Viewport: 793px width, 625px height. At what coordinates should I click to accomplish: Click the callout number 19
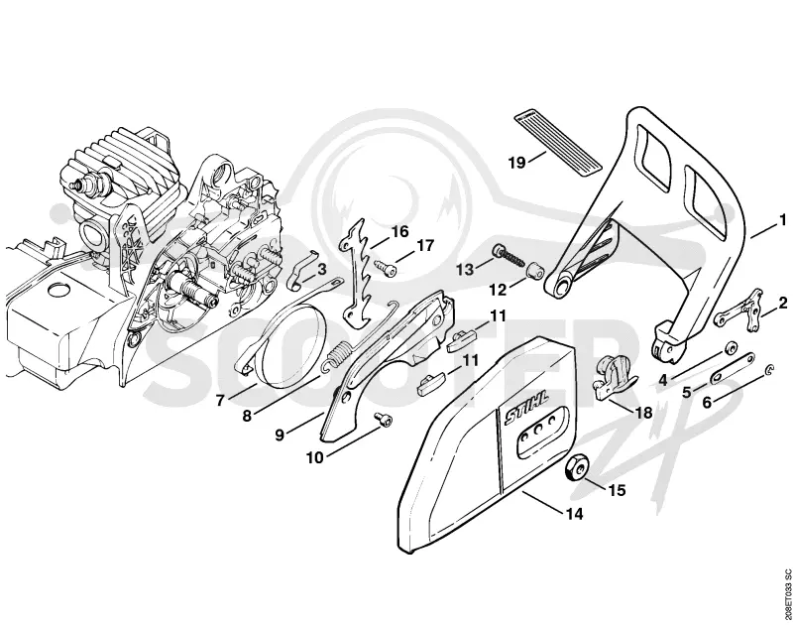click(517, 163)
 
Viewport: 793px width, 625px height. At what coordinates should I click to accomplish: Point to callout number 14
click(575, 514)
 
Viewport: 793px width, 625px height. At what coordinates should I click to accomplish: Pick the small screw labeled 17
click(385, 267)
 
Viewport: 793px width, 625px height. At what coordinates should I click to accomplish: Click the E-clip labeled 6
click(768, 371)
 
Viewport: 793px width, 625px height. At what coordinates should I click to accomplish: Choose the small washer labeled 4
click(730, 348)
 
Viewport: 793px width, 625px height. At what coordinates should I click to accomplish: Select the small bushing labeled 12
click(535, 273)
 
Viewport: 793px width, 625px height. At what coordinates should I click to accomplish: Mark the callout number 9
click(280, 436)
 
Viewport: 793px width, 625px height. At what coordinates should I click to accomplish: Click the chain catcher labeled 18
click(614, 377)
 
